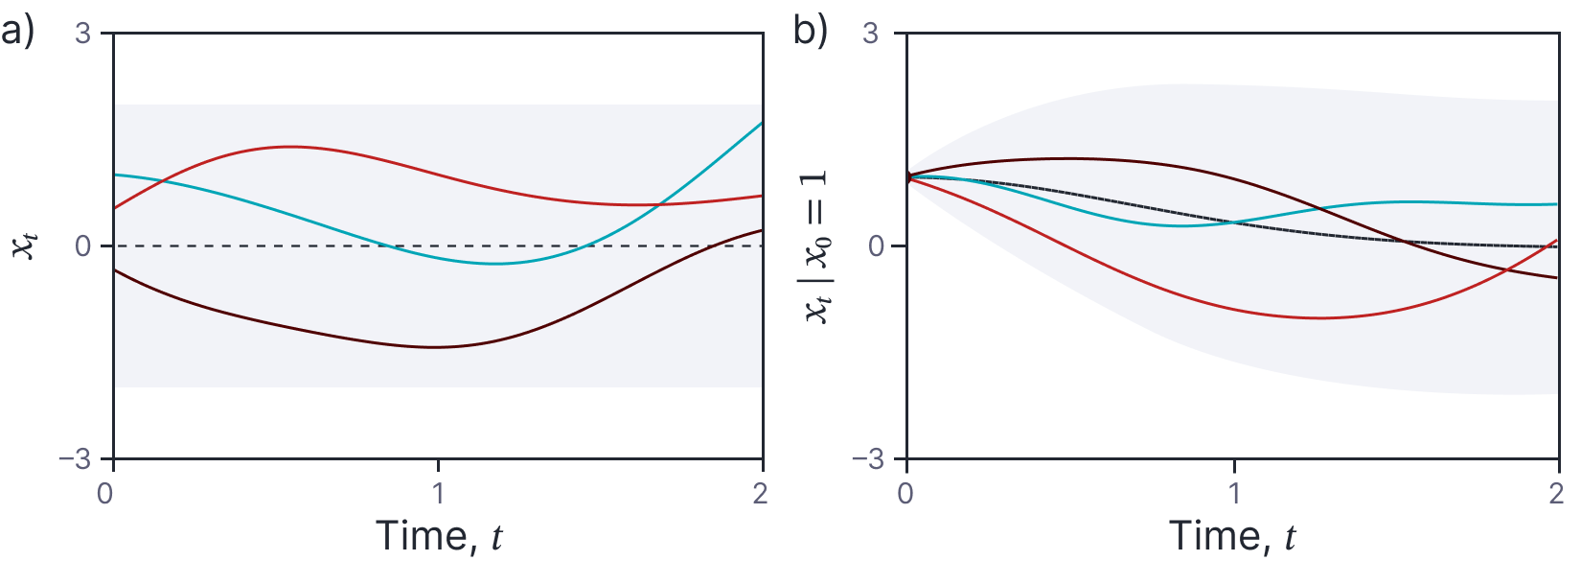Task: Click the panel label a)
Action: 17,32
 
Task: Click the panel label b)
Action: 810,32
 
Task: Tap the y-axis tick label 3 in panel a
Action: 83,33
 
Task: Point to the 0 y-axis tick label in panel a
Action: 83,246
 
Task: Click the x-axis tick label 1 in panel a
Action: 438,494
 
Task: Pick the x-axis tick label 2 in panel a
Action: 761,494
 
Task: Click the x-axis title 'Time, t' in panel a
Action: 438,535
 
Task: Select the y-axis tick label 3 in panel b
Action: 871,33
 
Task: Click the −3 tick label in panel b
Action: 868,460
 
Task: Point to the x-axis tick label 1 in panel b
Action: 1234,494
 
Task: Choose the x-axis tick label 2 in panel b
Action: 1556,494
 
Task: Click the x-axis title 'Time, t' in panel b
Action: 1232,535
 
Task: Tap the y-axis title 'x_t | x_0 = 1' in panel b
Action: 817,246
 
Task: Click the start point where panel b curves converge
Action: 907,176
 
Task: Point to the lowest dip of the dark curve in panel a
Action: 436,347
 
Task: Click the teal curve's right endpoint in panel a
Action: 763,123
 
